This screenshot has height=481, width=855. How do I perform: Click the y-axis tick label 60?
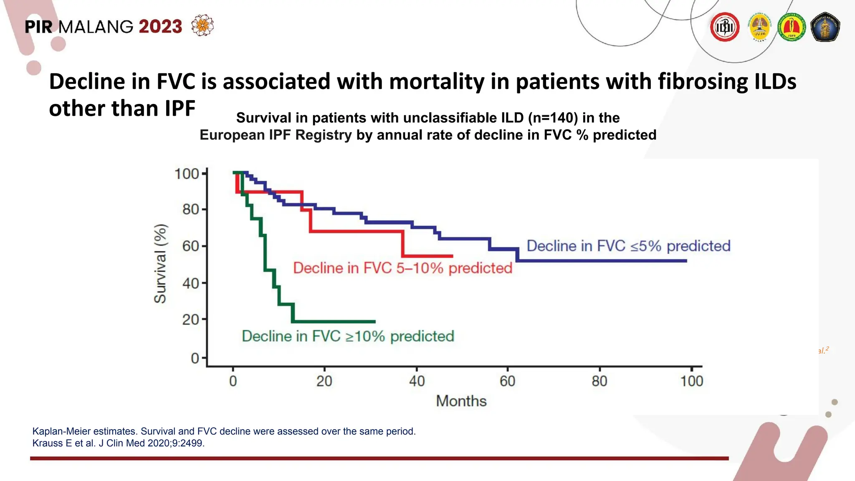[x=190, y=246]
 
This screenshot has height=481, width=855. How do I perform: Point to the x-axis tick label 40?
[x=417, y=381]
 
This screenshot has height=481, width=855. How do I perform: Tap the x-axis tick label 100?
[x=692, y=381]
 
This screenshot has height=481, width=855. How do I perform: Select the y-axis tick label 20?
[x=190, y=320]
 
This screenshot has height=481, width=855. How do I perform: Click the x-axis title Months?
[x=461, y=401]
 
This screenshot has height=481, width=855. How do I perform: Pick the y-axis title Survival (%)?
[x=160, y=263]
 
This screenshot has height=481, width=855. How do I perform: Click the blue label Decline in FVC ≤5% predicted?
[x=628, y=246]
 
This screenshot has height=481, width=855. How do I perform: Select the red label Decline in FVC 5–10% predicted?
[x=402, y=268]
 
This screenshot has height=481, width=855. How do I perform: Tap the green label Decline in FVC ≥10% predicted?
[x=348, y=336]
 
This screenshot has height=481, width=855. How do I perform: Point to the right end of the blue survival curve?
[x=686, y=261]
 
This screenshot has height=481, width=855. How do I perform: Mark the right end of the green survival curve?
[x=375, y=322]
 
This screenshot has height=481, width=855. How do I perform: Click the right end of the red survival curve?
[x=453, y=256]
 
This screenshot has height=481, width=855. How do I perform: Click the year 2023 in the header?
[x=160, y=27]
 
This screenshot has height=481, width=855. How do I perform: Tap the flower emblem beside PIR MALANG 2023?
[x=202, y=25]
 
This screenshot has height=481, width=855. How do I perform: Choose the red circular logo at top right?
[x=725, y=27]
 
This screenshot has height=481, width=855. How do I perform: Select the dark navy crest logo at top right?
[x=825, y=27]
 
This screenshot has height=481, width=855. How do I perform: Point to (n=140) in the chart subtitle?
[x=553, y=118]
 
